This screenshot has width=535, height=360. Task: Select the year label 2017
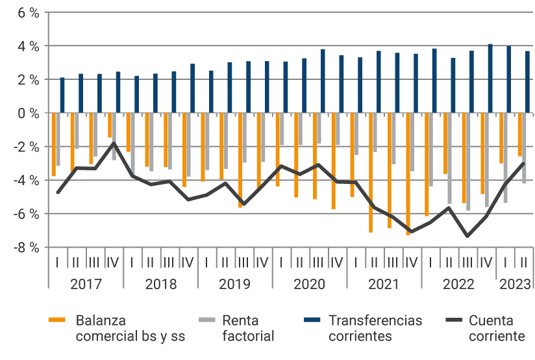pos(86,284)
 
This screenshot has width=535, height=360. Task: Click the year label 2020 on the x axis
pos(309,284)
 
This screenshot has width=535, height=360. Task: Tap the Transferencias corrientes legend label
pos(375,328)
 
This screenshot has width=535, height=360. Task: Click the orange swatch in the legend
pos(58,320)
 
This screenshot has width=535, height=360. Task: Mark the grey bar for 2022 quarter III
pos(468,162)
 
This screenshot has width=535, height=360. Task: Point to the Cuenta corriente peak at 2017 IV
pos(114,143)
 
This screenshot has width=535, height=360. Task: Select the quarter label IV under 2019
pos(262,263)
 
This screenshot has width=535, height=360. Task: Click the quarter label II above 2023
pos(523,263)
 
